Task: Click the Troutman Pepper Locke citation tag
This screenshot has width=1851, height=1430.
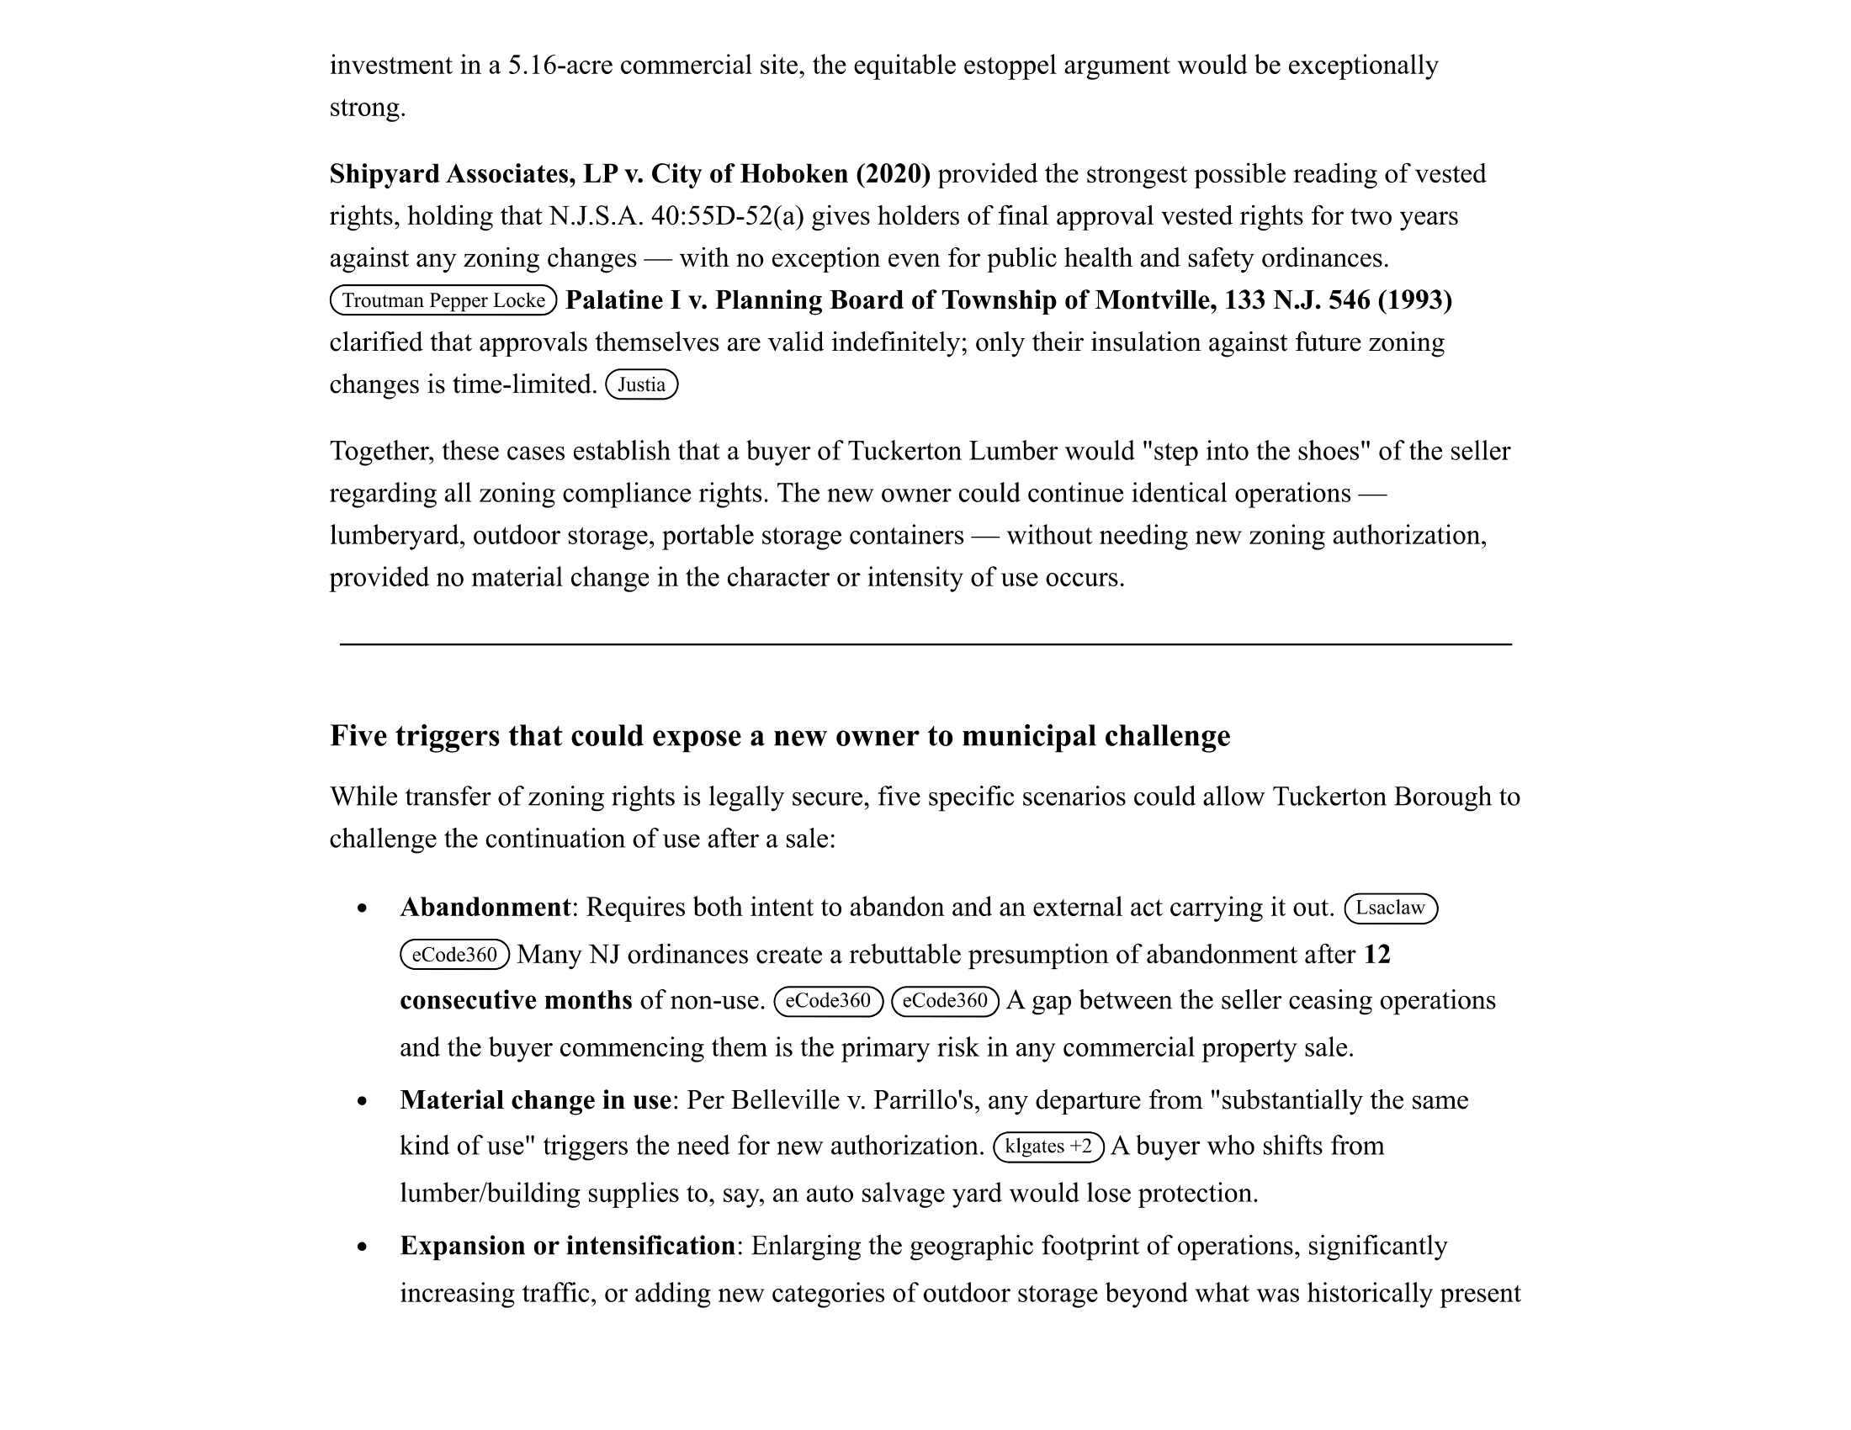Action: tap(443, 301)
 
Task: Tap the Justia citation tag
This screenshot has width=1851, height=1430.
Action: tap(641, 384)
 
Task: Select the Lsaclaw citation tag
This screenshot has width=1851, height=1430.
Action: tap(1390, 908)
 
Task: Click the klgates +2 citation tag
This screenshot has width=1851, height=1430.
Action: tap(1047, 1147)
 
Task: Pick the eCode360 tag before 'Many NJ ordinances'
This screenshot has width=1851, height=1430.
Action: tap(454, 956)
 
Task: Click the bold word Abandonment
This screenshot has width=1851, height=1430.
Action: tap(485, 908)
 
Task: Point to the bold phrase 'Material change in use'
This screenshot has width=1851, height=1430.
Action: tap(535, 1100)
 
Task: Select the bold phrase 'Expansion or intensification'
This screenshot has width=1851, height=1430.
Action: tap(567, 1246)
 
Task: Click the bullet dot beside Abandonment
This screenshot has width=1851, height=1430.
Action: tap(363, 909)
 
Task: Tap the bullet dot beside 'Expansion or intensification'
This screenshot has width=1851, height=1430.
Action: tap(363, 1247)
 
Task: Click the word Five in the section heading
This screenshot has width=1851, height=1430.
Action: tap(358, 735)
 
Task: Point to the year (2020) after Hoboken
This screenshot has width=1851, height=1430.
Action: tap(893, 173)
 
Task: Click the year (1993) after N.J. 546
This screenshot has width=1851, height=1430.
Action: tap(1414, 300)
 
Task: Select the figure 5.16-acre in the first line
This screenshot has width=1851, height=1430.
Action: tap(560, 66)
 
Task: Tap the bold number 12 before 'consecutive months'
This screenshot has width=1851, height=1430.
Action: tap(1376, 955)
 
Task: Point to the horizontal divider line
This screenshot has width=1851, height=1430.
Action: tap(925, 644)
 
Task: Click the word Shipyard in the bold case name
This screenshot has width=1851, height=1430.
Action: tap(384, 173)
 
